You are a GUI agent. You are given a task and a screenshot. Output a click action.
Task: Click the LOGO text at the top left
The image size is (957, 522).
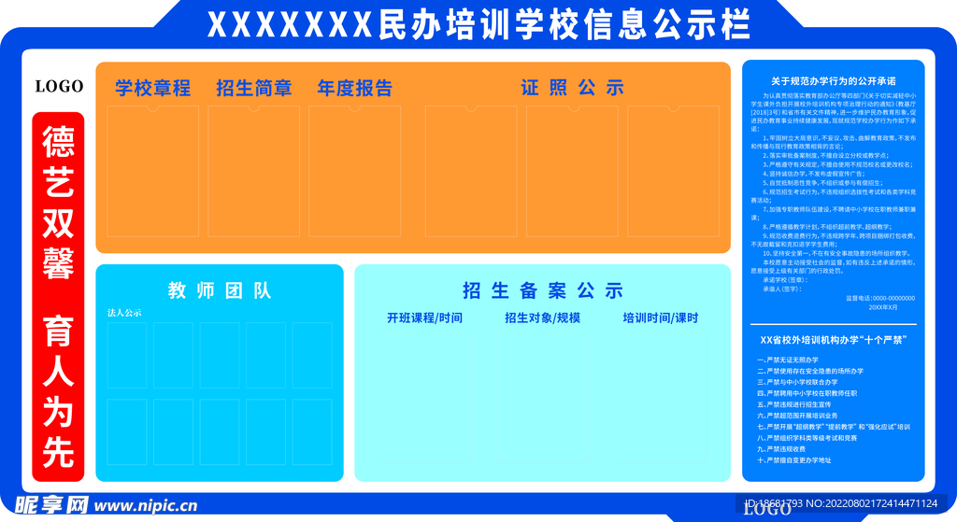pyautogui.click(x=59, y=87)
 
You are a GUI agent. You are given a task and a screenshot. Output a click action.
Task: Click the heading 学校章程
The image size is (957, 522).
pyautogui.click(x=153, y=89)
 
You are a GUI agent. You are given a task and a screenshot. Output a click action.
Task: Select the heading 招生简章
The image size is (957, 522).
pyautogui.click(x=253, y=89)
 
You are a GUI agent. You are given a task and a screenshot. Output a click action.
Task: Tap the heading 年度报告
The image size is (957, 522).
pyautogui.click(x=354, y=89)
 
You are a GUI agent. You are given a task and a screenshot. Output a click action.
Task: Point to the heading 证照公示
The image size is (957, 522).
pyautogui.click(x=572, y=89)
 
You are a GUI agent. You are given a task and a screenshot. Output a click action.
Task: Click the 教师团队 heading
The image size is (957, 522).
pyautogui.click(x=220, y=290)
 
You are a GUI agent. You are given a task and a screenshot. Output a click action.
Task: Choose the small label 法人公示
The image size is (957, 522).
pyautogui.click(x=124, y=313)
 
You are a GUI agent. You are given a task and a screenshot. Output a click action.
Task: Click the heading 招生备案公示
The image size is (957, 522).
pyautogui.click(x=542, y=290)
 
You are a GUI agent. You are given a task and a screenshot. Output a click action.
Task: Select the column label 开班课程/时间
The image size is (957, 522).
pyautogui.click(x=424, y=317)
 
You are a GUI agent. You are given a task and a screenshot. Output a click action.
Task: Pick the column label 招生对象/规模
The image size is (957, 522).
pyautogui.click(x=542, y=317)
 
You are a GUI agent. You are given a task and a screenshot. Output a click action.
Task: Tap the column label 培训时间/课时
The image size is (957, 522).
pyautogui.click(x=661, y=317)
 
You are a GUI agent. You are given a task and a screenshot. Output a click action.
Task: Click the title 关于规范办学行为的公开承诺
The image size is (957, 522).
pyautogui.click(x=833, y=80)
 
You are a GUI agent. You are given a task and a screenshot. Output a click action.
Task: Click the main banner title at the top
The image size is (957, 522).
pyautogui.click(x=478, y=25)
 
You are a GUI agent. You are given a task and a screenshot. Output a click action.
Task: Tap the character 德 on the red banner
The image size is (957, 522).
pyautogui.click(x=58, y=143)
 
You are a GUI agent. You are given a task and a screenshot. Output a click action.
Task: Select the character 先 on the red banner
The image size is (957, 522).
pyautogui.click(x=58, y=453)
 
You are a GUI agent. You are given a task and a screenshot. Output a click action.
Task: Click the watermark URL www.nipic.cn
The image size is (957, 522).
pyautogui.click(x=145, y=506)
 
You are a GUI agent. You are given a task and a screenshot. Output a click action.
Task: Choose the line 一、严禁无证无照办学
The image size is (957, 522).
pyautogui.click(x=788, y=360)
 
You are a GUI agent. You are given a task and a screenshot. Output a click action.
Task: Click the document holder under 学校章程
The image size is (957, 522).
pyautogui.click(x=154, y=170)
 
